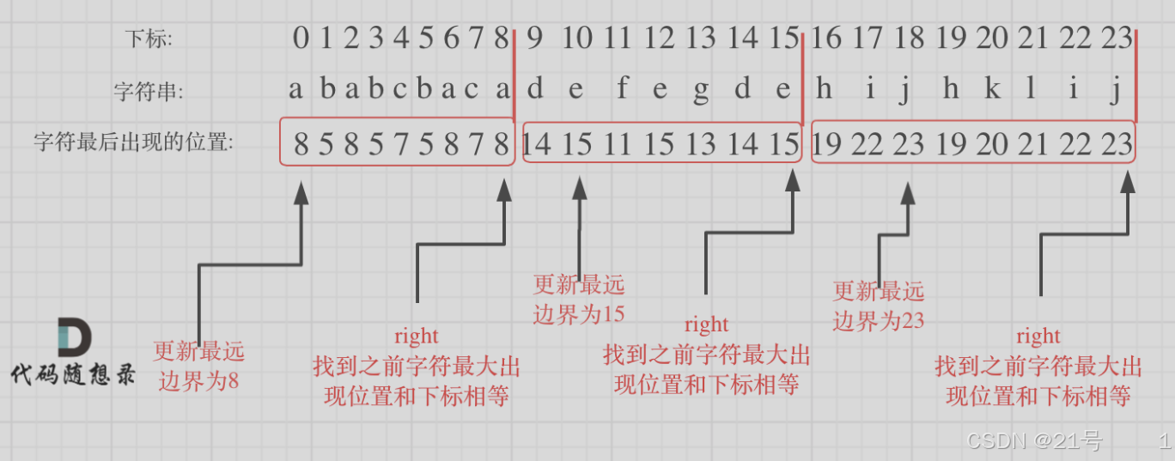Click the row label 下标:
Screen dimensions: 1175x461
click(149, 39)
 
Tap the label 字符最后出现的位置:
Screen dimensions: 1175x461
click(133, 143)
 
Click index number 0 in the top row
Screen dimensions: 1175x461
click(300, 39)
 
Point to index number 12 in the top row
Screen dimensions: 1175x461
click(659, 39)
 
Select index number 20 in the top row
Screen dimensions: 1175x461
click(992, 39)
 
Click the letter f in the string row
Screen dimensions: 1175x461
click(622, 88)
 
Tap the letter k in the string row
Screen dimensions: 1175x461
click(992, 88)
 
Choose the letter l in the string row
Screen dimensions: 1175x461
click(1032, 88)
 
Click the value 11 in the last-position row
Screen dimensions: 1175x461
click(618, 143)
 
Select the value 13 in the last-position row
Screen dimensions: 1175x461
click(701, 143)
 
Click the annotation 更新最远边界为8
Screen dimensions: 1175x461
click(198, 366)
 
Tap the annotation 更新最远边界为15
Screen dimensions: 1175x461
click(579, 299)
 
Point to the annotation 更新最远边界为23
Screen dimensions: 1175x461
click(879, 306)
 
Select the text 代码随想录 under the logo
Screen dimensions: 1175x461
click(73, 375)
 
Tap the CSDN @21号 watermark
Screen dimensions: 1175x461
click(1034, 441)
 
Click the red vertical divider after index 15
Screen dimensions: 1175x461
click(801, 77)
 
